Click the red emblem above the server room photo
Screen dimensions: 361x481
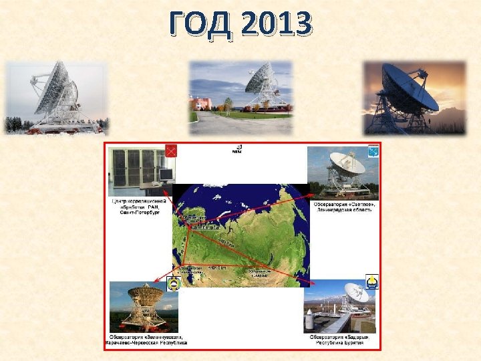(170, 152)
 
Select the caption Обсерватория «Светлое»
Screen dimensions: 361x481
(343, 207)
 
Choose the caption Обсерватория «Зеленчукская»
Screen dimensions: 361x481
(146, 339)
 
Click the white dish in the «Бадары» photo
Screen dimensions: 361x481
(355, 293)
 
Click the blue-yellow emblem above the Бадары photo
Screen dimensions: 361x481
(371, 282)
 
